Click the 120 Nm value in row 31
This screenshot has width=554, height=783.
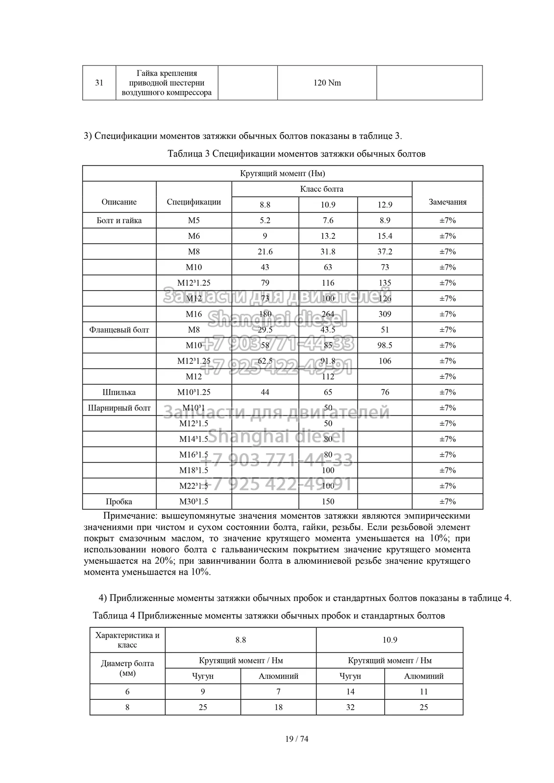[327, 83]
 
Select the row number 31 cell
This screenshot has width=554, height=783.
[99, 83]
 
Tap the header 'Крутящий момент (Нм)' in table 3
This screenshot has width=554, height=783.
[283, 173]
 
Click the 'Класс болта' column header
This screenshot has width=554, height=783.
[321, 189]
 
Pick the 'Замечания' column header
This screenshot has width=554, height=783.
[447, 202]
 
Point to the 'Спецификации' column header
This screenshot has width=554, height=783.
[193, 202]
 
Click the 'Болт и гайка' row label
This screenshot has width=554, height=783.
[119, 220]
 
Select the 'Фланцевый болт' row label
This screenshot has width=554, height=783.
[119, 330]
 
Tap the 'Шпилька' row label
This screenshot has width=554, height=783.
[119, 392]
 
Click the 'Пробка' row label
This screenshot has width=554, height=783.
[119, 502]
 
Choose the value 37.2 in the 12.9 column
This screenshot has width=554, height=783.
[385, 252]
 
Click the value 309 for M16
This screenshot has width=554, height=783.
[385, 314]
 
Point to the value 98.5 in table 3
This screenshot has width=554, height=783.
[385, 345]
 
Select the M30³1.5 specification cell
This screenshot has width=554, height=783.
[193, 502]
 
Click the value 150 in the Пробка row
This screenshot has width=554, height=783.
[328, 502]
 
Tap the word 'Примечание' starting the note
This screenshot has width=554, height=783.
[128, 516]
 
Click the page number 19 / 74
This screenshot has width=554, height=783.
[297, 739]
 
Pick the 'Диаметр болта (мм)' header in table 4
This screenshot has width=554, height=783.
[127, 668]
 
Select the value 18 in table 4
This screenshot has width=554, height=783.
[278, 707]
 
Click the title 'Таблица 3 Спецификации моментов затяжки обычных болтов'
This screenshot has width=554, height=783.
[296, 154]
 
